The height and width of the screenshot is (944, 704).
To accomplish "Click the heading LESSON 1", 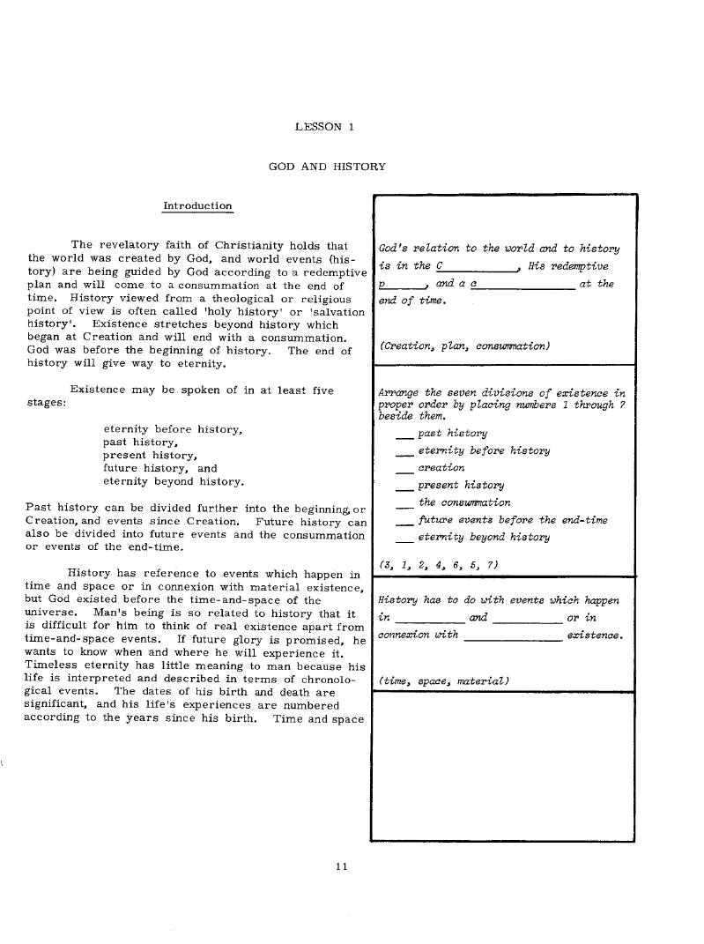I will click(324, 127).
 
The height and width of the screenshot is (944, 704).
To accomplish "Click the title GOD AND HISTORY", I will click(326, 167).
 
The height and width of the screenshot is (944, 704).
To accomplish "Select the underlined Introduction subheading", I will click(197, 205).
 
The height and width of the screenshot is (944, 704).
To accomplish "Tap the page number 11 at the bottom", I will click(342, 866).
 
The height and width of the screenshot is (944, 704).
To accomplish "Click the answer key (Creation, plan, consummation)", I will click(464, 346).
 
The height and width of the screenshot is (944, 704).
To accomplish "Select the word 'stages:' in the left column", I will click(44, 402).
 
